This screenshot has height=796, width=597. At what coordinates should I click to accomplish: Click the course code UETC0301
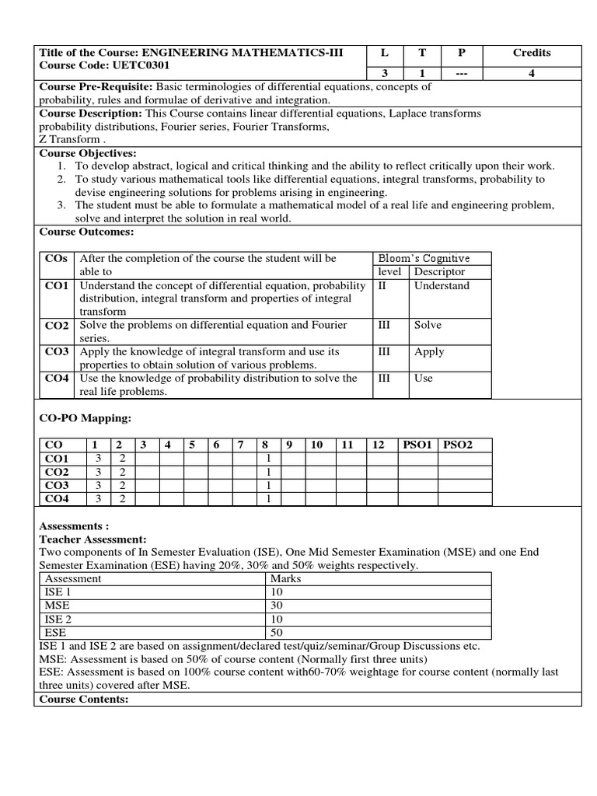tap(143, 65)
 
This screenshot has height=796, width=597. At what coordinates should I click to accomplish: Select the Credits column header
tap(532, 53)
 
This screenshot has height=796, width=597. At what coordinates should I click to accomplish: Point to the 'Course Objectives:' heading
tap(88, 153)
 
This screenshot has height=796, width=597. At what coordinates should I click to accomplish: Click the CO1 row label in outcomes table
tap(58, 286)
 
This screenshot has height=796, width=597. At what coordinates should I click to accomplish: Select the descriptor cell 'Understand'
tap(442, 285)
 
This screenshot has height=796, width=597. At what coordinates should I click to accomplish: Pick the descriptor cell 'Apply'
tap(429, 351)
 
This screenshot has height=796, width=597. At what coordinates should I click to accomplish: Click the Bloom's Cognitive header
tap(424, 259)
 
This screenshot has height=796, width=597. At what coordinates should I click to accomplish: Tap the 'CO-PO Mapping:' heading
tap(86, 418)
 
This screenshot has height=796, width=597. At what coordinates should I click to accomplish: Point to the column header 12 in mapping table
tap(379, 445)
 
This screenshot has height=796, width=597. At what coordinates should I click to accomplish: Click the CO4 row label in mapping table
tap(58, 498)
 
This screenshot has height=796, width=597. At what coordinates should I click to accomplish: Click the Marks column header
tap(285, 578)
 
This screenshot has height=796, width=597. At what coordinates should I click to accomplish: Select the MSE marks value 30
tap(277, 605)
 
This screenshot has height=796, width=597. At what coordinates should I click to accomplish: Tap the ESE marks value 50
tap(277, 632)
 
